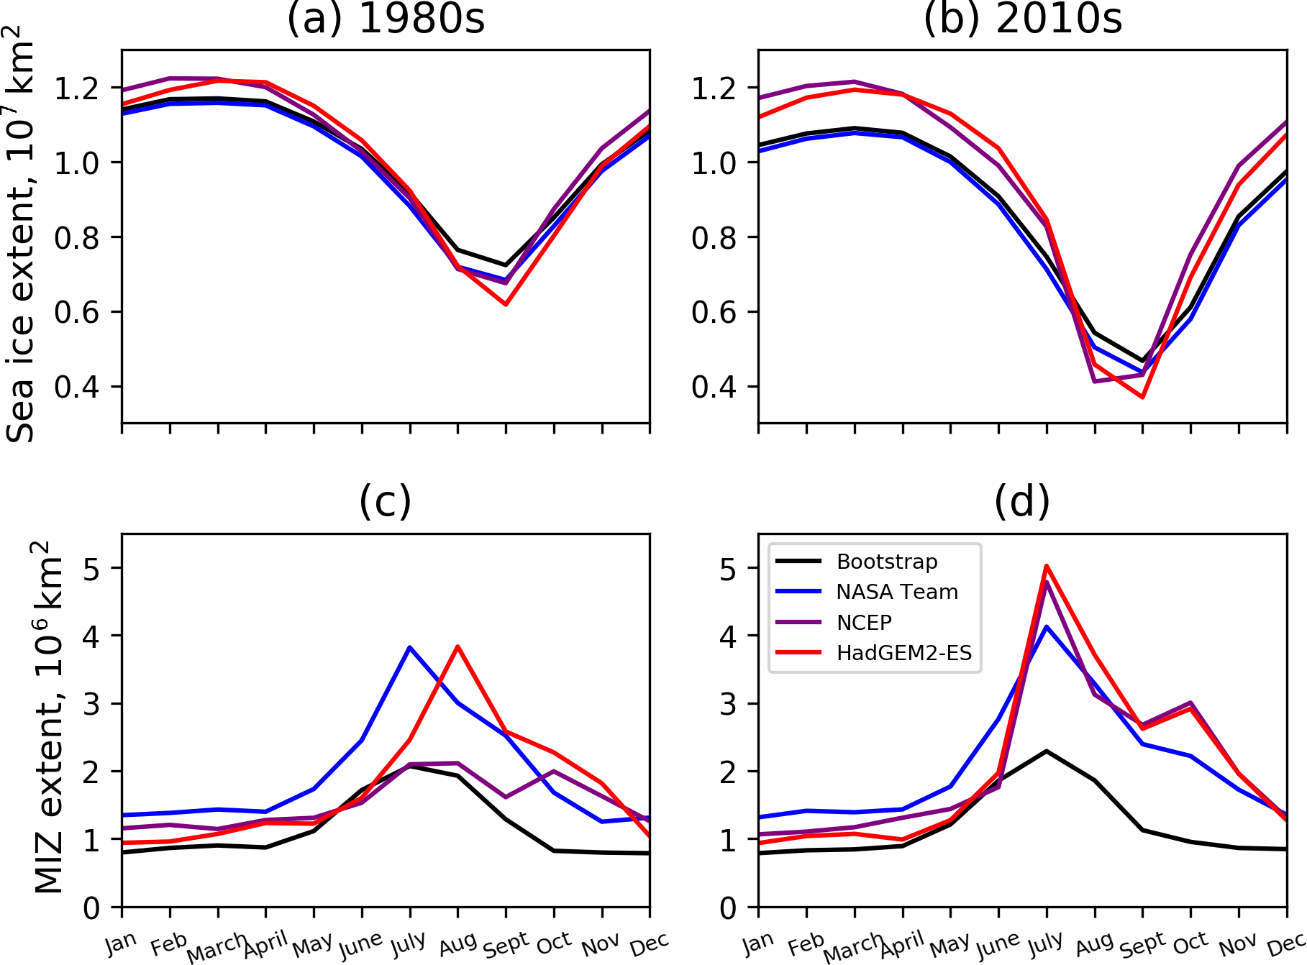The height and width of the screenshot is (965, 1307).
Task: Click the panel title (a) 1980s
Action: pyautogui.click(x=386, y=19)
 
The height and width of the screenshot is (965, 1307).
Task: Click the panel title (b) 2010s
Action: pyautogui.click(x=1022, y=19)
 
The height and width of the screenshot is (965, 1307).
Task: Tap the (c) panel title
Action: pyautogui.click(x=386, y=501)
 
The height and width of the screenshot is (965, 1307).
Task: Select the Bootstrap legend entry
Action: pyautogui.click(x=887, y=562)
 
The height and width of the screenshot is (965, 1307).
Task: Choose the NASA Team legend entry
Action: pyautogui.click(x=897, y=592)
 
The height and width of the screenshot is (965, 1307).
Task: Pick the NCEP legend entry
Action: pyautogui.click(x=864, y=622)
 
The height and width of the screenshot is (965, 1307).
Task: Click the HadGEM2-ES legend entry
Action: pyautogui.click(x=903, y=653)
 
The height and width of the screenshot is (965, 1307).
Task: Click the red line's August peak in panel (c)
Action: pyautogui.click(x=457, y=646)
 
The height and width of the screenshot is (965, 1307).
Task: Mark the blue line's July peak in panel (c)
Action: pyautogui.click(x=409, y=647)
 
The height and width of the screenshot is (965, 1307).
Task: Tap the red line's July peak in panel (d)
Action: pyautogui.click(x=1047, y=566)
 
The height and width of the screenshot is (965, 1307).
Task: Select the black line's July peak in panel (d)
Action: pyautogui.click(x=1047, y=751)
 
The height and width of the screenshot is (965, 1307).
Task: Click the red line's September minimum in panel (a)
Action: pyautogui.click(x=506, y=304)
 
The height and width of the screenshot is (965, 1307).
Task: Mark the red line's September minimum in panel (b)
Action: pyautogui.click(x=1142, y=397)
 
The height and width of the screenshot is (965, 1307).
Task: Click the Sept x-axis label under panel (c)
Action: pyautogui.click(x=506, y=945)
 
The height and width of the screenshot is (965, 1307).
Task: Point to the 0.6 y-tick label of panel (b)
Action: pyautogui.click(x=714, y=313)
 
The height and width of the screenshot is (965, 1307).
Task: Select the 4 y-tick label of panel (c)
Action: pyautogui.click(x=91, y=636)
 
